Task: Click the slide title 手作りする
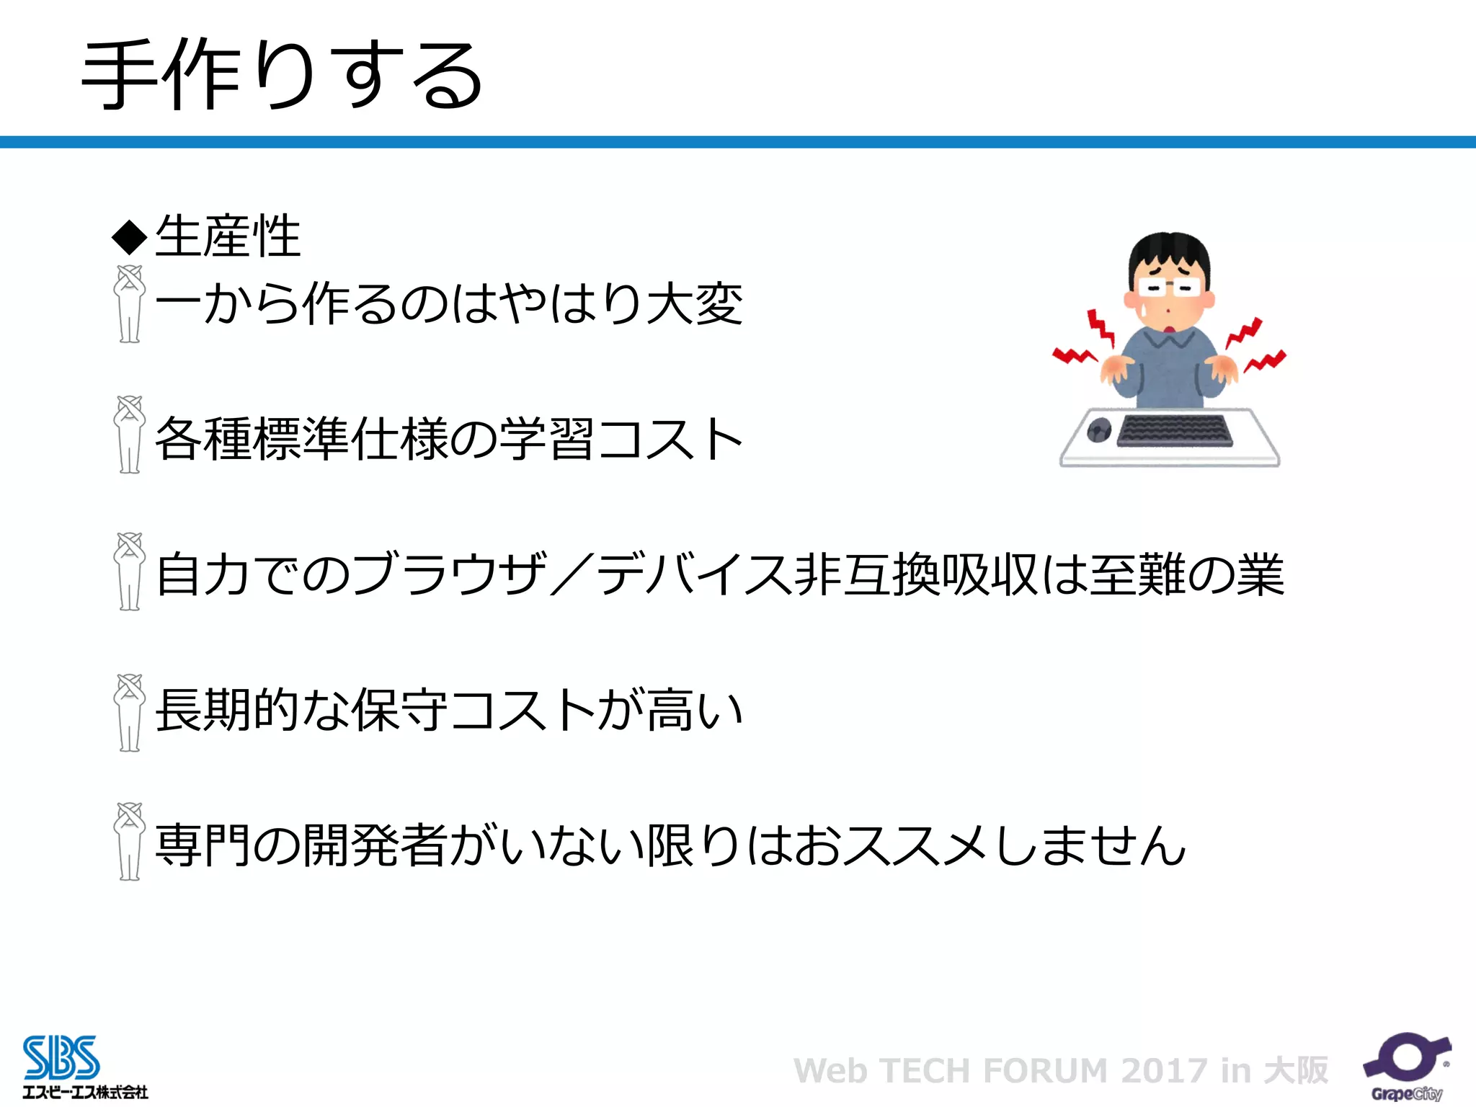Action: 281,76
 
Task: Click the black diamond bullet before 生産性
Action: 130,237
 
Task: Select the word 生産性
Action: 228,236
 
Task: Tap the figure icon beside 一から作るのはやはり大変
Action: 130,303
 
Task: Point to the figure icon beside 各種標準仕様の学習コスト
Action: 130,435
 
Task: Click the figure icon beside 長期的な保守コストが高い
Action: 130,713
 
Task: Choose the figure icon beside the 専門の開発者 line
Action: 130,841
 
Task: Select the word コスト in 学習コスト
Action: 670,438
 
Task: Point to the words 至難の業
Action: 1186,574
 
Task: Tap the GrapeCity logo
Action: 1406,1067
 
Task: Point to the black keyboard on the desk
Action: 1174,431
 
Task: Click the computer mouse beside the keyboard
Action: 1098,431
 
